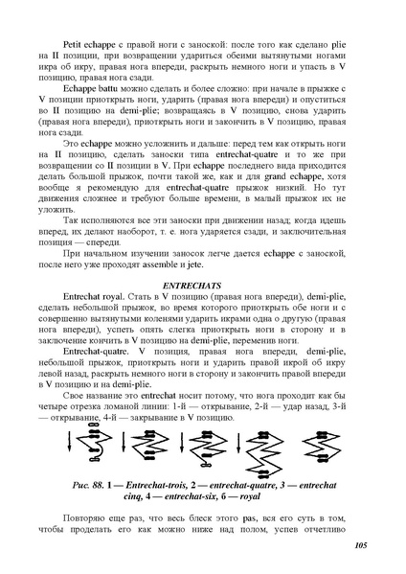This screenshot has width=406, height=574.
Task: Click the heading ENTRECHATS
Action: (x=202, y=287)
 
